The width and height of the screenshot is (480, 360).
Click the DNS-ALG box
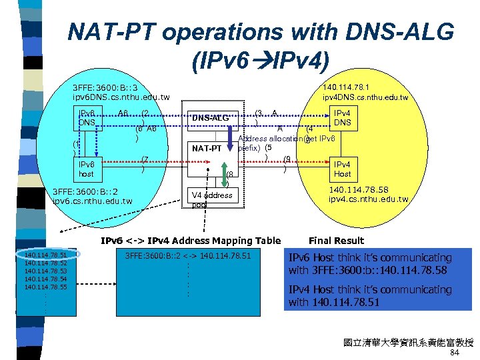coord(210,118)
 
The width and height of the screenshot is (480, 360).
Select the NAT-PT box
coord(207,148)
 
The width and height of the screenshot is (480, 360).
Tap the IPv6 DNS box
coord(87,118)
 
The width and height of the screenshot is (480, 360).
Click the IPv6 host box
coord(87,169)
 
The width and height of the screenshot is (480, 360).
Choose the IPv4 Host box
coord(342,169)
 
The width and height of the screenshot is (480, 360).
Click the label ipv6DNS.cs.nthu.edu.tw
coord(111,97)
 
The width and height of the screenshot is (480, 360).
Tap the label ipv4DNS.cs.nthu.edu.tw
coord(365,97)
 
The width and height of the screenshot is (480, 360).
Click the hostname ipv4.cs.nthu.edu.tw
coord(368,199)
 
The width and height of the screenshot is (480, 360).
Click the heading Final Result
coord(337,241)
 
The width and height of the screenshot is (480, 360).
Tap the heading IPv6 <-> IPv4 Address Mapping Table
coord(191,241)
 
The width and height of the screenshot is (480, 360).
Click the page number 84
coord(455,353)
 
